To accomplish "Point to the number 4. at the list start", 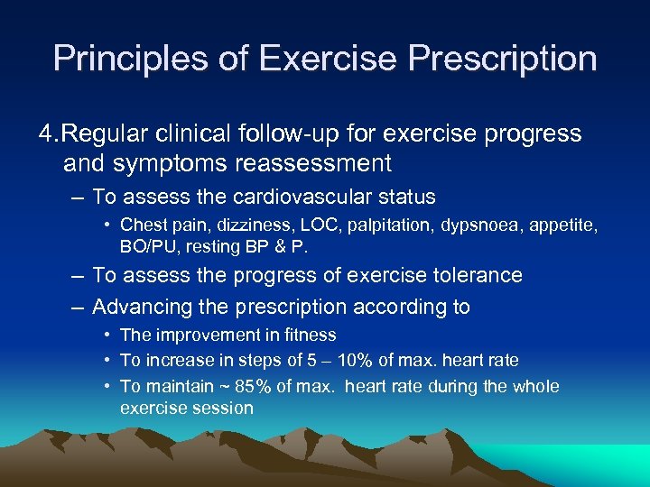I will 49,134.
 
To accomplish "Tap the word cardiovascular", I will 292,197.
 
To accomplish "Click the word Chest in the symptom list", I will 142,225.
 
